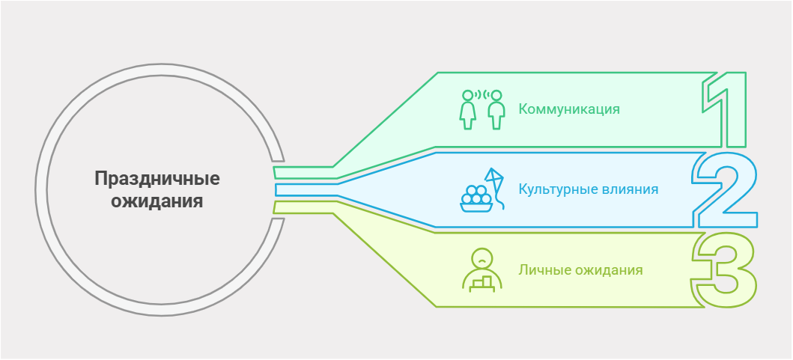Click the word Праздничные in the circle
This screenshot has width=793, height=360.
[x=157, y=179]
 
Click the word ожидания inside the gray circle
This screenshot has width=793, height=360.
[x=157, y=201]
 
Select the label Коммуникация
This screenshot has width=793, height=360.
[x=569, y=109]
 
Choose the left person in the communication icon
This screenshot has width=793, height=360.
[x=469, y=111]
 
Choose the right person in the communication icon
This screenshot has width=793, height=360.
[x=495, y=111]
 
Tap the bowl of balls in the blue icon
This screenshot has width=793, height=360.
[x=476, y=199]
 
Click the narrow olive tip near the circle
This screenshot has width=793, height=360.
[x=300, y=207]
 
